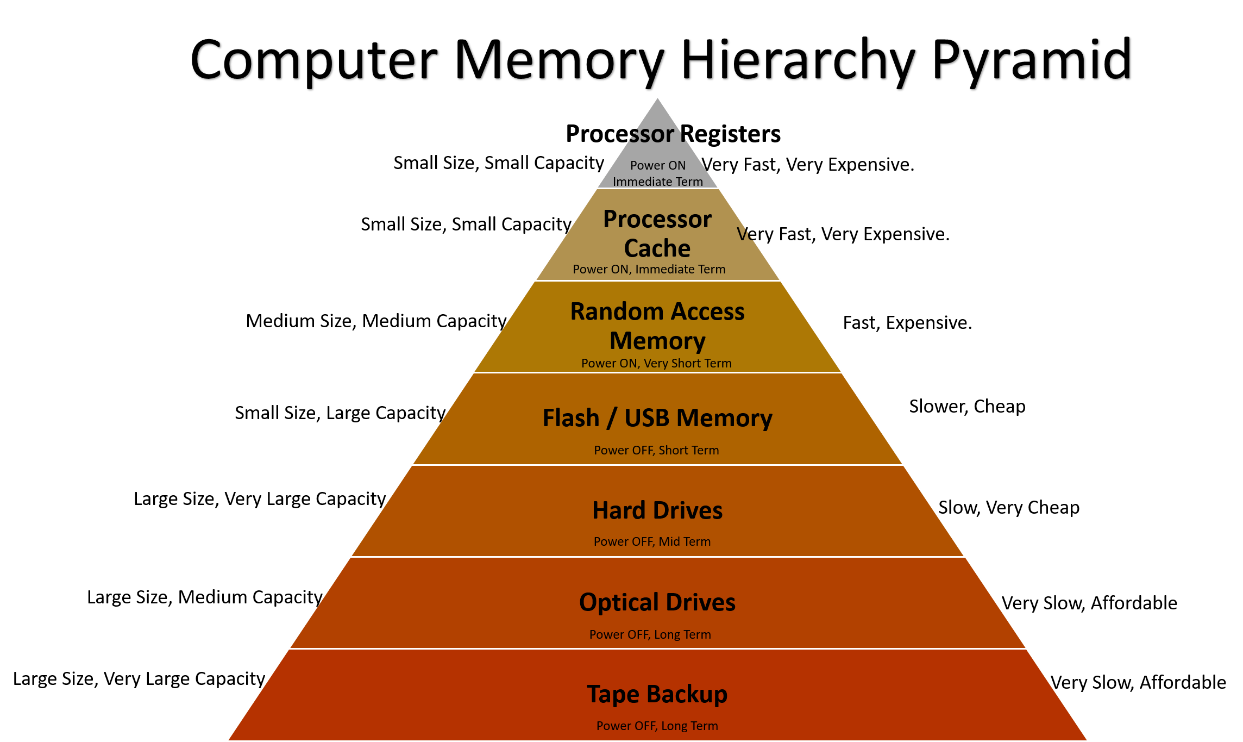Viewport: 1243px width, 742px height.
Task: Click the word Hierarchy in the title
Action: coord(799,61)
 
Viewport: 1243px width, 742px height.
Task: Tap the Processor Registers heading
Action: coord(673,134)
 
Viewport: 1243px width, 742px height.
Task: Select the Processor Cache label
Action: coord(657,234)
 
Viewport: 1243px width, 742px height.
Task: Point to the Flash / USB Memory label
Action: coord(657,418)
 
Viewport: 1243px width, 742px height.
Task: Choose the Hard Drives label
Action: coord(657,510)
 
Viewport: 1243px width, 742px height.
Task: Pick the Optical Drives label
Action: coord(657,602)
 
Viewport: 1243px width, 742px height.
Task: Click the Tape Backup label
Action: coord(657,694)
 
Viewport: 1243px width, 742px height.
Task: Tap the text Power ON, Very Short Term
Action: coord(656,363)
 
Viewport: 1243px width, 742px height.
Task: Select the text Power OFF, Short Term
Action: coord(656,450)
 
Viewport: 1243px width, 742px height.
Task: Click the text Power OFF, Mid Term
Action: coord(652,541)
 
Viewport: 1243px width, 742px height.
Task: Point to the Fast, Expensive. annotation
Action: coord(907,323)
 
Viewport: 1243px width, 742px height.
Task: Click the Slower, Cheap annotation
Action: coord(967,407)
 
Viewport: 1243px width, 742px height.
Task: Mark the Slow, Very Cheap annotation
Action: coord(1009,508)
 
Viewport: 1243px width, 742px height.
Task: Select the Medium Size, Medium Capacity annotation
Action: coord(376,321)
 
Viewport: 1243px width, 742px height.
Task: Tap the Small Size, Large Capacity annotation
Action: coord(340,413)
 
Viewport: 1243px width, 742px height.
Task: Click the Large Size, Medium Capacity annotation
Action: coord(205,597)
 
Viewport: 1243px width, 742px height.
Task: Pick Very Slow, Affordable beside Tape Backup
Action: coord(1138,682)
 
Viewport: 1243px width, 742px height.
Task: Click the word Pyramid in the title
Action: coord(1032,61)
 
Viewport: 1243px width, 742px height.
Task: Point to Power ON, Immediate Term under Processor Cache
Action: coord(649,269)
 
